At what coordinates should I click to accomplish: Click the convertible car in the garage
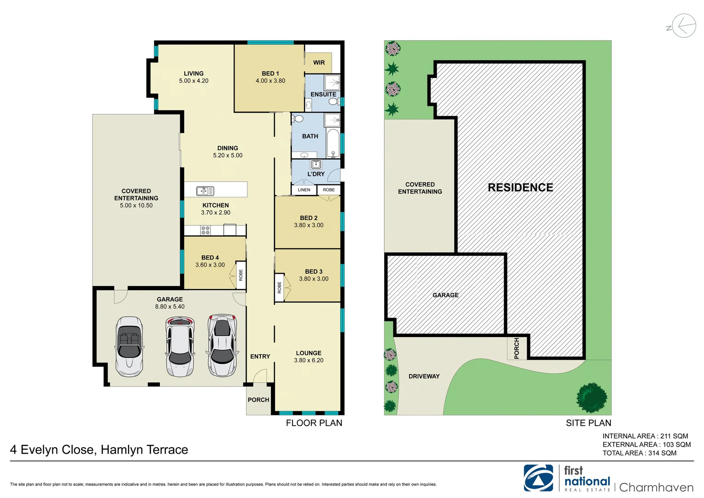point(129,346)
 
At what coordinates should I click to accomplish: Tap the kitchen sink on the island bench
point(205,190)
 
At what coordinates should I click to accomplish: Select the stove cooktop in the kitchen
point(205,230)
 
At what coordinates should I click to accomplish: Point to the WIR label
point(319,63)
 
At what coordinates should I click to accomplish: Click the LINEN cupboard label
point(304,190)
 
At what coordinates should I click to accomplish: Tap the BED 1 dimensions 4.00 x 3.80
point(270,81)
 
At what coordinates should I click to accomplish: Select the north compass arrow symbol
point(683,26)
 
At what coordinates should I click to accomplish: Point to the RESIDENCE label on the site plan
point(520,188)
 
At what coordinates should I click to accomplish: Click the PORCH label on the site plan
point(516,348)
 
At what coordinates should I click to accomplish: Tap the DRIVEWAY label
point(424,376)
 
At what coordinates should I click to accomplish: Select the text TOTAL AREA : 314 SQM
point(639,453)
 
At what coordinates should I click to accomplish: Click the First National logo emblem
point(538,478)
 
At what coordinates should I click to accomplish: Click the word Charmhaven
point(656,487)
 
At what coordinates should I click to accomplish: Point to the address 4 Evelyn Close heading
point(99,450)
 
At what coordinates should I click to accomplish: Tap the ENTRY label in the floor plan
point(260,356)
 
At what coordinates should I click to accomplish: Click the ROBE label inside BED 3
point(279,288)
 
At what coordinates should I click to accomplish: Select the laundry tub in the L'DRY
point(316,165)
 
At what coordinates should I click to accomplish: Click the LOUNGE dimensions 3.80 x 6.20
point(309,361)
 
